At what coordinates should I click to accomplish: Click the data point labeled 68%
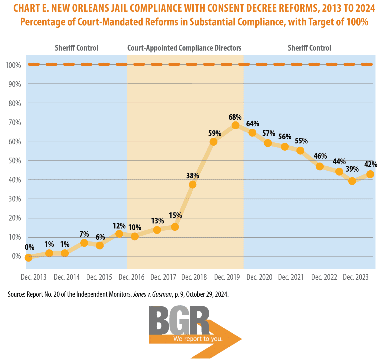click(x=235, y=125)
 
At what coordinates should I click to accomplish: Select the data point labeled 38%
click(x=192, y=184)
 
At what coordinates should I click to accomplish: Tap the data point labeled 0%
click(x=29, y=257)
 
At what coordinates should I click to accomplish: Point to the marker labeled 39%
click(x=352, y=181)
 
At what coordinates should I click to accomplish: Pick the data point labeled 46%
click(x=320, y=166)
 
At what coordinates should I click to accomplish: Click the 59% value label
click(x=215, y=133)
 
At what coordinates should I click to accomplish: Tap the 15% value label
click(x=175, y=216)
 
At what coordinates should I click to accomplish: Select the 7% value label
click(x=84, y=234)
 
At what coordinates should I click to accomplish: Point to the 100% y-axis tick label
click(x=13, y=65)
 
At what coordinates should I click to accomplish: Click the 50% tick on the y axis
click(x=15, y=161)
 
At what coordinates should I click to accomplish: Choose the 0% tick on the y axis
click(x=16, y=256)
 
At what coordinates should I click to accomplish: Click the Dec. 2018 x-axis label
click(x=194, y=277)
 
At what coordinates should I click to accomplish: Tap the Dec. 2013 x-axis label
click(x=34, y=277)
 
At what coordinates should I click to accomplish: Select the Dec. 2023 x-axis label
click(x=356, y=277)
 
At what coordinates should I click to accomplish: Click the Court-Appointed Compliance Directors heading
click(x=184, y=48)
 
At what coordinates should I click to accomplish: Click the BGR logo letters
click(x=179, y=321)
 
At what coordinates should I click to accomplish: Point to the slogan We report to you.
click(x=198, y=339)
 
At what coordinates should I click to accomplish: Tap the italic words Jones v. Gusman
click(x=152, y=295)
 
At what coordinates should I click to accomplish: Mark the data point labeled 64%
click(x=252, y=133)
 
